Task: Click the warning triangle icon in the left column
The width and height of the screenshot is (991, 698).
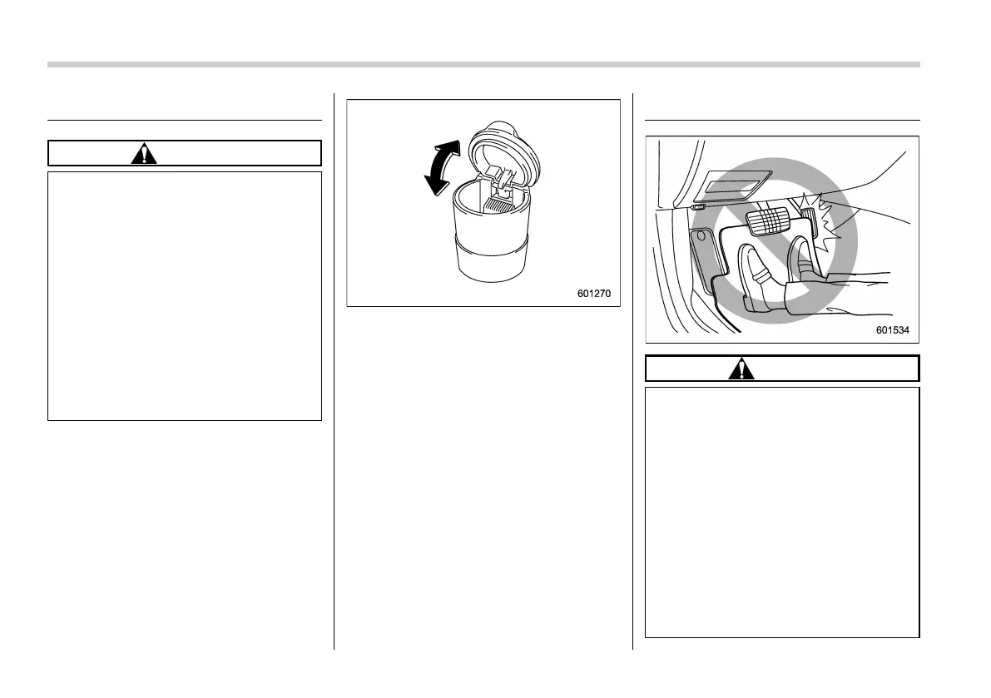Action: (x=144, y=154)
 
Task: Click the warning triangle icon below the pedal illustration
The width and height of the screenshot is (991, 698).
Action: (x=741, y=369)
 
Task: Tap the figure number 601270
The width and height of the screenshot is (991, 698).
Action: (x=598, y=294)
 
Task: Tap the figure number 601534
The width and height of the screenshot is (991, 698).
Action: (x=892, y=330)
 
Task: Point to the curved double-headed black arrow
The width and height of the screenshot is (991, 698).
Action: (x=438, y=168)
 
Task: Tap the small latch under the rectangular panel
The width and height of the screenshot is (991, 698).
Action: (x=697, y=207)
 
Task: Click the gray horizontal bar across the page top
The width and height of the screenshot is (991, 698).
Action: (x=483, y=64)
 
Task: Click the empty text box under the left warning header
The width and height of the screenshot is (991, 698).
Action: (x=185, y=295)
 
